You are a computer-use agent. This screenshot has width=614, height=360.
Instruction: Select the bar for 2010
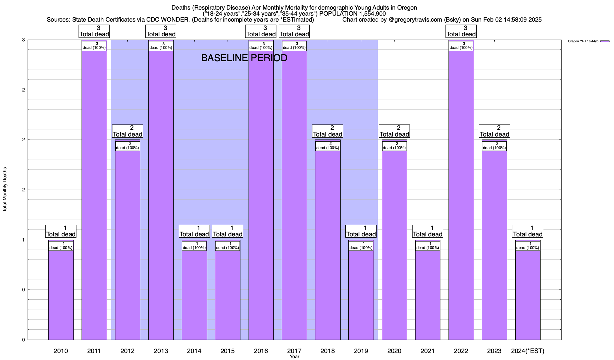[61, 294]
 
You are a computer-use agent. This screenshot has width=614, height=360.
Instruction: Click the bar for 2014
[194, 294]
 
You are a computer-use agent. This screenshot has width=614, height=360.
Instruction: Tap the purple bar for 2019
[361, 294]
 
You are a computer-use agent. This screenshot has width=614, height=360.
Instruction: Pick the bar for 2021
[428, 294]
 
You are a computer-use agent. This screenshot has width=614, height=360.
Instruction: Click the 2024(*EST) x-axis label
[528, 351]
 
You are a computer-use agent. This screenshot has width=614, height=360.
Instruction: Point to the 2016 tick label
[261, 351]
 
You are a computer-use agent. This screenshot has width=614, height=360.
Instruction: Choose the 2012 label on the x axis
[127, 351]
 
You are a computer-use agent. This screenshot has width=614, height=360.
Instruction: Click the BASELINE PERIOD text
[244, 58]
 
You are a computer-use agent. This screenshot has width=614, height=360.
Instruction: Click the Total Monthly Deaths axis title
[5, 190]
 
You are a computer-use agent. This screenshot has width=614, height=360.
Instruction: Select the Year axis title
[294, 356]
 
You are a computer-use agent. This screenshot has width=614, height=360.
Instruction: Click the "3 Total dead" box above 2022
[461, 31]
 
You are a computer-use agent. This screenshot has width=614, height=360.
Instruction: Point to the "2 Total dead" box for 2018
[327, 131]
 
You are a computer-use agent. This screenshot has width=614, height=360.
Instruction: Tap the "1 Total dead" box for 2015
[228, 231]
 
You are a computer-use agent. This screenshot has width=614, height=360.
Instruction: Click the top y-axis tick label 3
[23, 40]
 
